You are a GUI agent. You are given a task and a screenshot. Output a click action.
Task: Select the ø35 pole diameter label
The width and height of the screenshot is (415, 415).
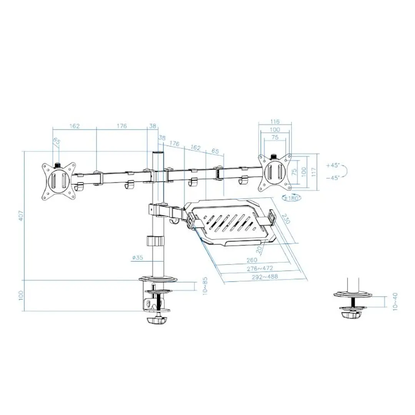pos(137,258)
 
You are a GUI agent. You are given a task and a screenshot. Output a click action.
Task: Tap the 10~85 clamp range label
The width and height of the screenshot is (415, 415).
pos(205,286)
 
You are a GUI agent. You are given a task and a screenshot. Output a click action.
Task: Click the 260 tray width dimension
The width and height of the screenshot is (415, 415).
pos(252,259)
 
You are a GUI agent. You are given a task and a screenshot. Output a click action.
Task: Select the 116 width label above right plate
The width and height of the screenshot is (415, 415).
pos(275,122)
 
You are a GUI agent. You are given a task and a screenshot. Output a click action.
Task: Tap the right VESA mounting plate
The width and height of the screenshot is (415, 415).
pos(275,173)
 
